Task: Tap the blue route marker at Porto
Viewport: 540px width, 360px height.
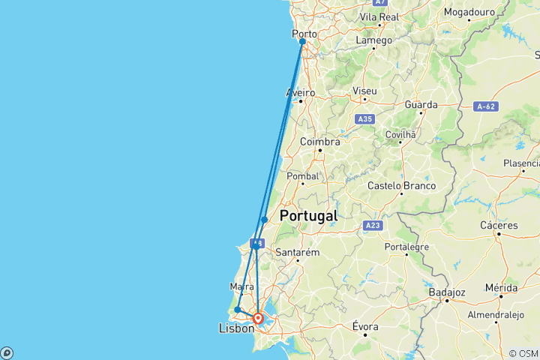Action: point(302,42)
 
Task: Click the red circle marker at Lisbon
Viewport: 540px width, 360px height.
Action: point(258,318)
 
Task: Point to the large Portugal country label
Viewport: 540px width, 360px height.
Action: point(307,216)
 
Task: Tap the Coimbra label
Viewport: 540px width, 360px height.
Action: point(320,141)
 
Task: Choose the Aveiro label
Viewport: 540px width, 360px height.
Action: point(300,93)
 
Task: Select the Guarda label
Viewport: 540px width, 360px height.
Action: point(421,105)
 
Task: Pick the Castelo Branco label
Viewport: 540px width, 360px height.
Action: point(401,185)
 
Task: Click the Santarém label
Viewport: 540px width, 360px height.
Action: point(298,252)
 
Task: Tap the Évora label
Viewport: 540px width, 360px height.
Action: point(367,326)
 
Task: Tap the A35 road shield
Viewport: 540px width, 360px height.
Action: point(365,119)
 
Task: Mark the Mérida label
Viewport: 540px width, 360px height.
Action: point(502,287)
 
